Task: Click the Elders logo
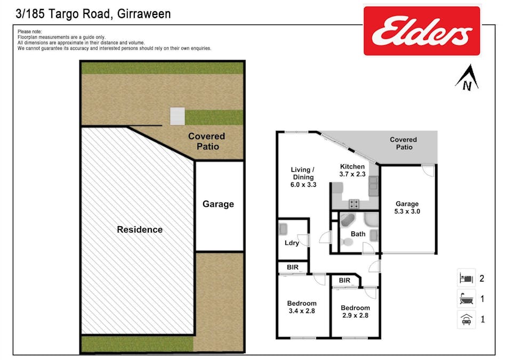point(421,30)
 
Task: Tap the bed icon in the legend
point(465,278)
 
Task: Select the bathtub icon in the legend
point(465,299)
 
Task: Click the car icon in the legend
point(465,319)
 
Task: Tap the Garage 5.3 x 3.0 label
point(407,207)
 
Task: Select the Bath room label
point(358,234)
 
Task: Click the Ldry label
point(291,243)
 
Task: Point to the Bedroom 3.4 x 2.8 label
point(302,307)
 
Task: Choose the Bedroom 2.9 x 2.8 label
point(355,311)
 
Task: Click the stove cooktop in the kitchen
point(354,203)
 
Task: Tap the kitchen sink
point(373,184)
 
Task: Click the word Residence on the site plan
point(140,230)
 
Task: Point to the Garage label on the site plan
point(218,204)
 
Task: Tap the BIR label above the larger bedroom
point(292,267)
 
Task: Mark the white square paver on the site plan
point(177,116)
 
